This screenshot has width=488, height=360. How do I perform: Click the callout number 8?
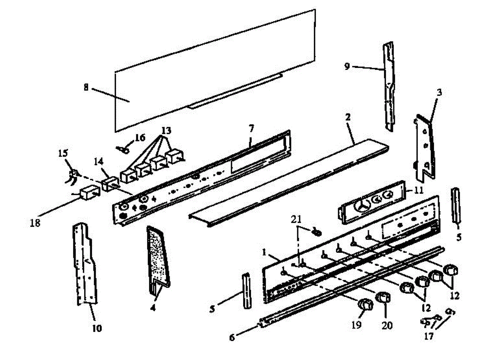[86, 87]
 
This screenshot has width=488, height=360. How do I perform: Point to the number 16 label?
[140, 138]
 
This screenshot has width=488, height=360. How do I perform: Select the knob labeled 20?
[382, 298]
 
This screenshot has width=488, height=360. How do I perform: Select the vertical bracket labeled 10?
[85, 264]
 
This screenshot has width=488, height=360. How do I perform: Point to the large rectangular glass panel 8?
[216, 69]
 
